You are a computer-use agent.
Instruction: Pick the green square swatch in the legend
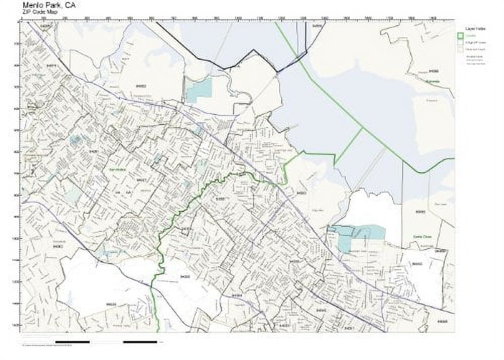click(x=460, y=36)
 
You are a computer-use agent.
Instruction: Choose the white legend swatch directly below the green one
click(x=460, y=43)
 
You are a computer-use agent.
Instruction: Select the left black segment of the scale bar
click(x=72, y=342)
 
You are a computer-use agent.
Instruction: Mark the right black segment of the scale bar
click(x=140, y=342)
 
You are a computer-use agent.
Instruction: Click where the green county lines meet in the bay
click(x=363, y=129)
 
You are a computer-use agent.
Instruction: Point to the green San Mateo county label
click(x=117, y=170)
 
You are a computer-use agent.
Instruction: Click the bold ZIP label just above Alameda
click(x=433, y=71)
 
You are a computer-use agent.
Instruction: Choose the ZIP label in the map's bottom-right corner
click(x=443, y=321)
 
